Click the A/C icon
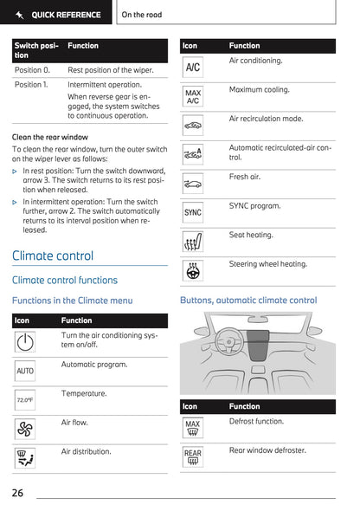pos(193,67)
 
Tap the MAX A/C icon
pos(193,96)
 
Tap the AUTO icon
pos(25,371)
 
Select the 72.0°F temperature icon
pos(25,400)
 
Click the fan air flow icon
pos(25,429)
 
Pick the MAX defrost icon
pos(193,428)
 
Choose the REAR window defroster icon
pos(193,456)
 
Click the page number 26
pos(17,493)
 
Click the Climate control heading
pos(53,255)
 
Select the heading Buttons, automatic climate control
pos(248,301)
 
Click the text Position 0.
pos(32,69)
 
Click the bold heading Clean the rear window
pos(49,137)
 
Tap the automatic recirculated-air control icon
pos(193,154)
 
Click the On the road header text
pos(142,15)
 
